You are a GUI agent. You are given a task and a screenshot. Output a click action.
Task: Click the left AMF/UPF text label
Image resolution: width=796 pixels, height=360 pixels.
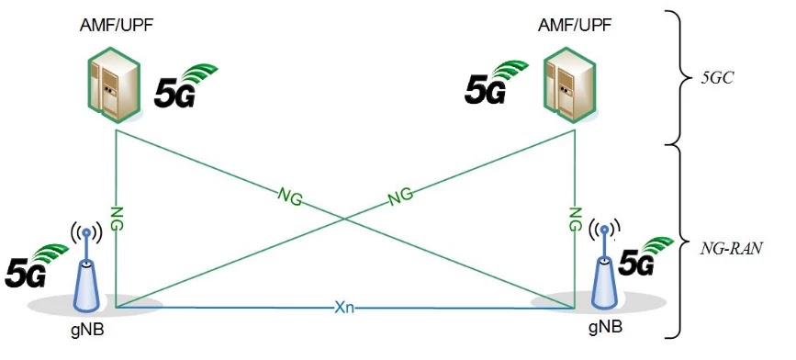click(117, 25)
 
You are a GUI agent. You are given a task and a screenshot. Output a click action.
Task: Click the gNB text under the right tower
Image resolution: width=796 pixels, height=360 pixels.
click(605, 326)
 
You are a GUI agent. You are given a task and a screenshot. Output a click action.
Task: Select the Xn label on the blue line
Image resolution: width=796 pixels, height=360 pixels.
click(344, 307)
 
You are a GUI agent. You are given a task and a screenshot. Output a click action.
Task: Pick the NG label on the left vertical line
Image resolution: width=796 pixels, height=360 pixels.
click(117, 218)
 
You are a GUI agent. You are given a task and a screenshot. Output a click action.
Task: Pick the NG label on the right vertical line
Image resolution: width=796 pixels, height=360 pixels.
click(576, 219)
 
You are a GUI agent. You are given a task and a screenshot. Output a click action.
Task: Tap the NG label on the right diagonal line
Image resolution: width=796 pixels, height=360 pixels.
click(399, 195)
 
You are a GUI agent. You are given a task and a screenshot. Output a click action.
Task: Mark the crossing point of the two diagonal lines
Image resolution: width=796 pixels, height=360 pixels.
click(346, 217)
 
